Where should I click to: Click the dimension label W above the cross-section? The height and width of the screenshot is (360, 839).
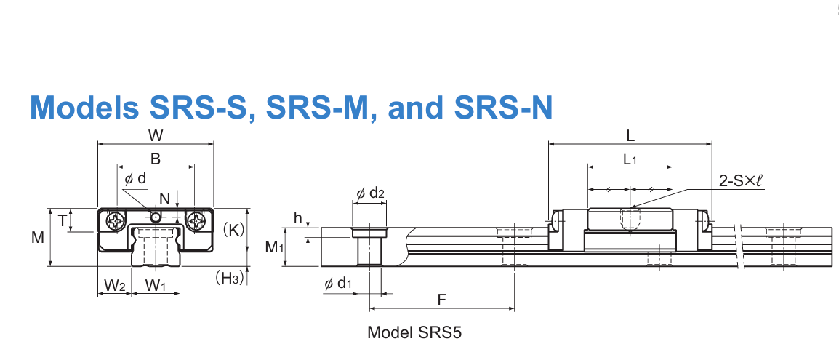click(x=155, y=135)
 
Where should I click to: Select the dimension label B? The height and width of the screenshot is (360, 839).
click(x=155, y=159)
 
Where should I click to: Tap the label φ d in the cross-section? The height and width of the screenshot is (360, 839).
click(x=135, y=178)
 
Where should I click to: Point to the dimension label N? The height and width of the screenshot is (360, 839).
click(x=164, y=198)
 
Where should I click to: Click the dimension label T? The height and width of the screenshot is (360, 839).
click(x=63, y=220)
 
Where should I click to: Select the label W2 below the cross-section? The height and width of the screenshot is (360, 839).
click(x=113, y=286)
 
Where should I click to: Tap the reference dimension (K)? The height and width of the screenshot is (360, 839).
click(x=234, y=230)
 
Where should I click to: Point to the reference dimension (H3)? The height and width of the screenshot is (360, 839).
click(x=229, y=277)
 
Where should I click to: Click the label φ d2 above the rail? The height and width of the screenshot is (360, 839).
click(x=370, y=193)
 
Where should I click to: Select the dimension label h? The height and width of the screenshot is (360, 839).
click(x=297, y=217)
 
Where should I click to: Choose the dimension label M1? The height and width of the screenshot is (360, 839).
click(x=274, y=247)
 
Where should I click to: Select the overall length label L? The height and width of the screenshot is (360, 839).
click(x=630, y=135)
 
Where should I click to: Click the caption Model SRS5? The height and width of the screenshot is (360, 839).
click(x=414, y=333)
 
